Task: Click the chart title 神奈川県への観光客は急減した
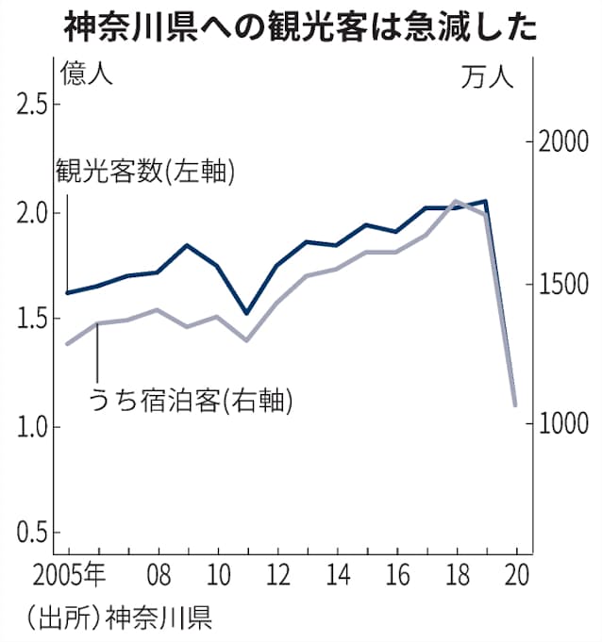click(x=301, y=25)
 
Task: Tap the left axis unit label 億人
click(x=86, y=74)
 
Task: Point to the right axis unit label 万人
click(x=488, y=77)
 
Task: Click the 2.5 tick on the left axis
click(x=31, y=105)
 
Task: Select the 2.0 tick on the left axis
click(x=31, y=212)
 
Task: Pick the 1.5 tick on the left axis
click(x=31, y=319)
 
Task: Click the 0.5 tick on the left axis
click(x=31, y=533)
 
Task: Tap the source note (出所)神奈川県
click(x=120, y=618)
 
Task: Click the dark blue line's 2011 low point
click(x=246, y=313)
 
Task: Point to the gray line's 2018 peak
click(x=456, y=201)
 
